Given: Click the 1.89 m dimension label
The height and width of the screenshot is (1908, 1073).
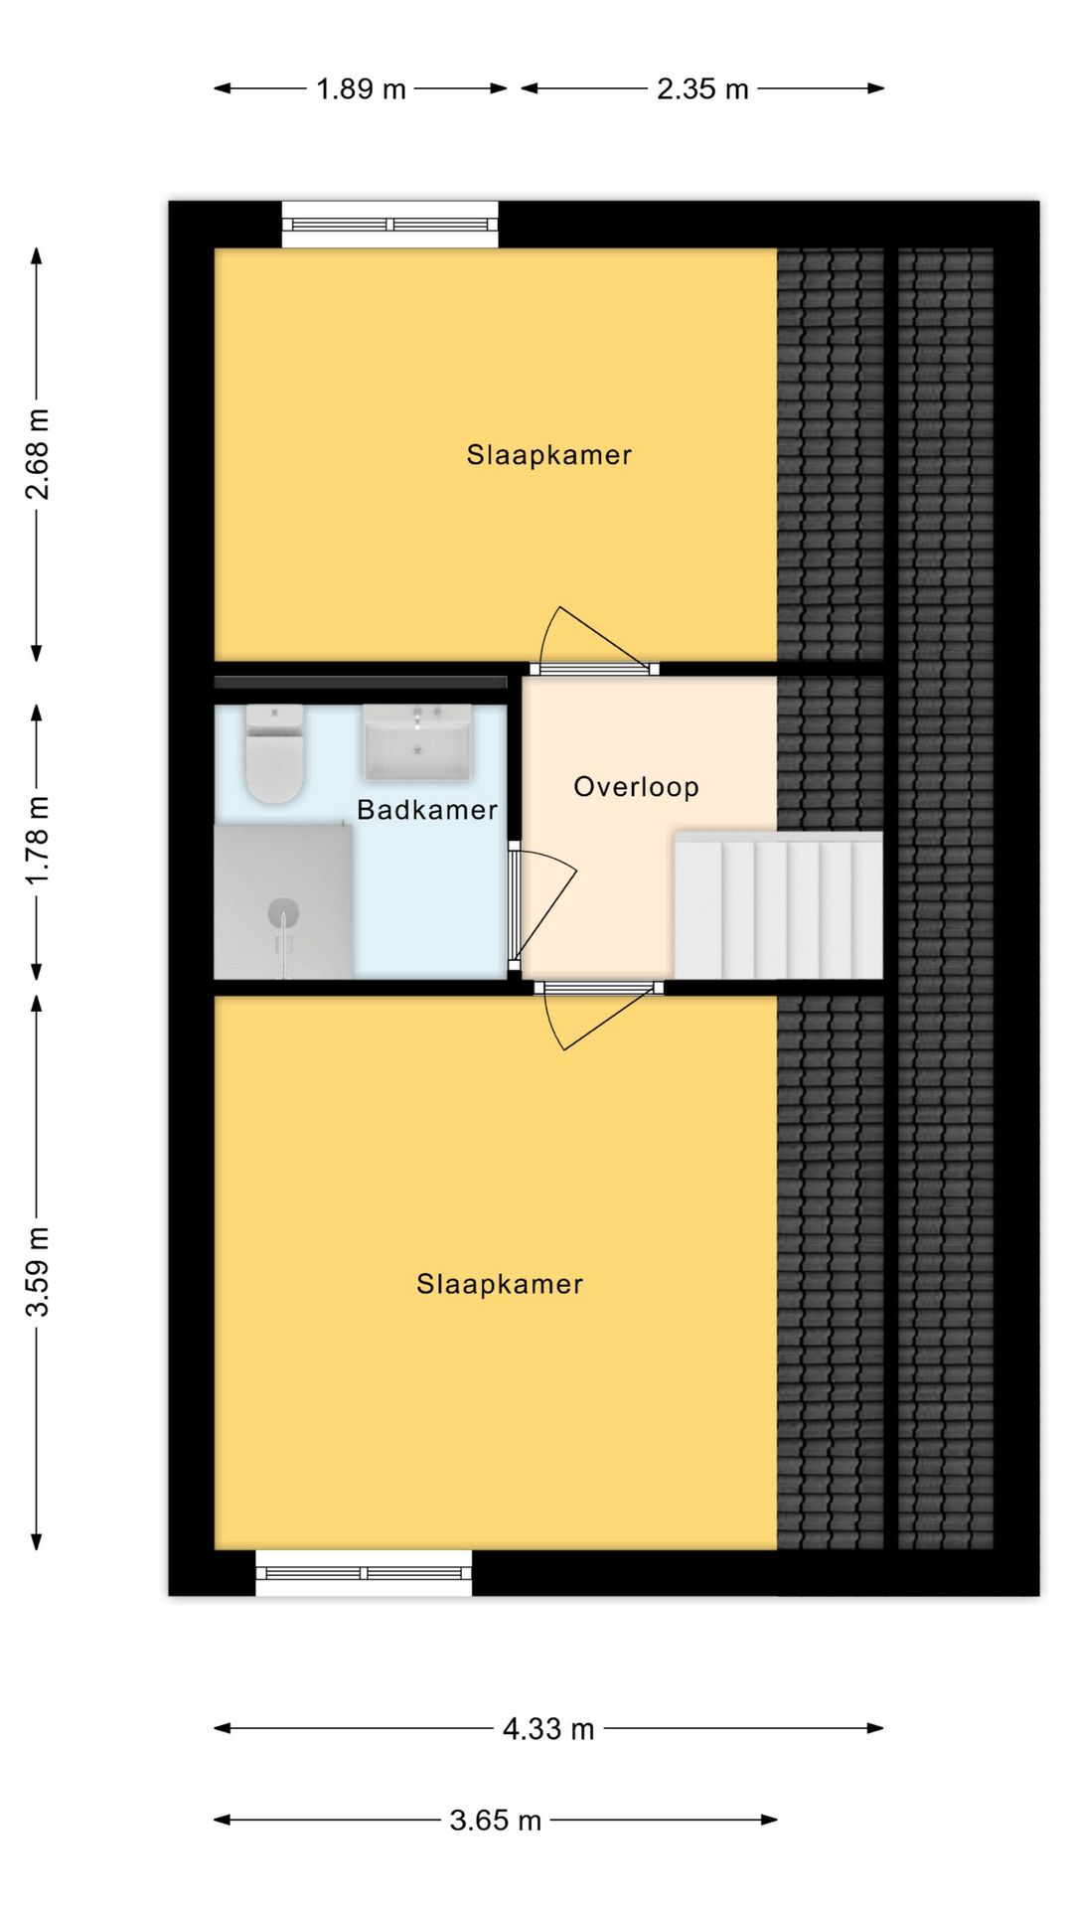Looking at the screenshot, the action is pos(361,89).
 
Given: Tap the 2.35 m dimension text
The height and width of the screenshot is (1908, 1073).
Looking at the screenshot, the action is pos(702,89).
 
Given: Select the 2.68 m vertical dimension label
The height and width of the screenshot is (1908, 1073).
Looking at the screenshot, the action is pos(37,453).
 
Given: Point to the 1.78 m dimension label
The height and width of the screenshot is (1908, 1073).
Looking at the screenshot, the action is pos(37,840).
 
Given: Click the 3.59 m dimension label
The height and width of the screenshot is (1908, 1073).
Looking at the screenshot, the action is pos(37,1272).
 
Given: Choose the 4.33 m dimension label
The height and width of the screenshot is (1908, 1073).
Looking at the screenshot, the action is pos(548,1729).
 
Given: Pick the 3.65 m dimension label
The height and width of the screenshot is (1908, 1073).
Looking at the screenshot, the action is pos(495,1821).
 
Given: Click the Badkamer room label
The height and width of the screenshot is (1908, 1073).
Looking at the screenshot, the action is pos(427,810).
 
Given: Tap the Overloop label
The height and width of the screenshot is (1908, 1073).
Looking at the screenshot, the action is pos(637,787).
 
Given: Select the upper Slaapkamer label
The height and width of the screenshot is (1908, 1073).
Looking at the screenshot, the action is pos(549,455).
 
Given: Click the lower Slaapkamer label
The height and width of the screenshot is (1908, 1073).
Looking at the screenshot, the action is pos(500,1284).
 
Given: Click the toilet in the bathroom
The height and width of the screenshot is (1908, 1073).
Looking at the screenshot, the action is pos(274,753).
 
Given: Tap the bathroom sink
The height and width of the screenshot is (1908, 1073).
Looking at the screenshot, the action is pos(416,743).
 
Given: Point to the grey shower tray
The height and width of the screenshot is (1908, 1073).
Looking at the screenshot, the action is pos(284,901).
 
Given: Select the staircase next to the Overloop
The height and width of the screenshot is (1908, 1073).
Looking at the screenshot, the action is pos(779,905).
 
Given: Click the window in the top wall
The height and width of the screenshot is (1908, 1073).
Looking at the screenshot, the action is pos(390,225).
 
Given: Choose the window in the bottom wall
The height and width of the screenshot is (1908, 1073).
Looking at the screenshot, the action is pos(364,1572).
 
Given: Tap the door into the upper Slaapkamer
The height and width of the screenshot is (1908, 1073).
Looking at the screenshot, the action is pos(594,642).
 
